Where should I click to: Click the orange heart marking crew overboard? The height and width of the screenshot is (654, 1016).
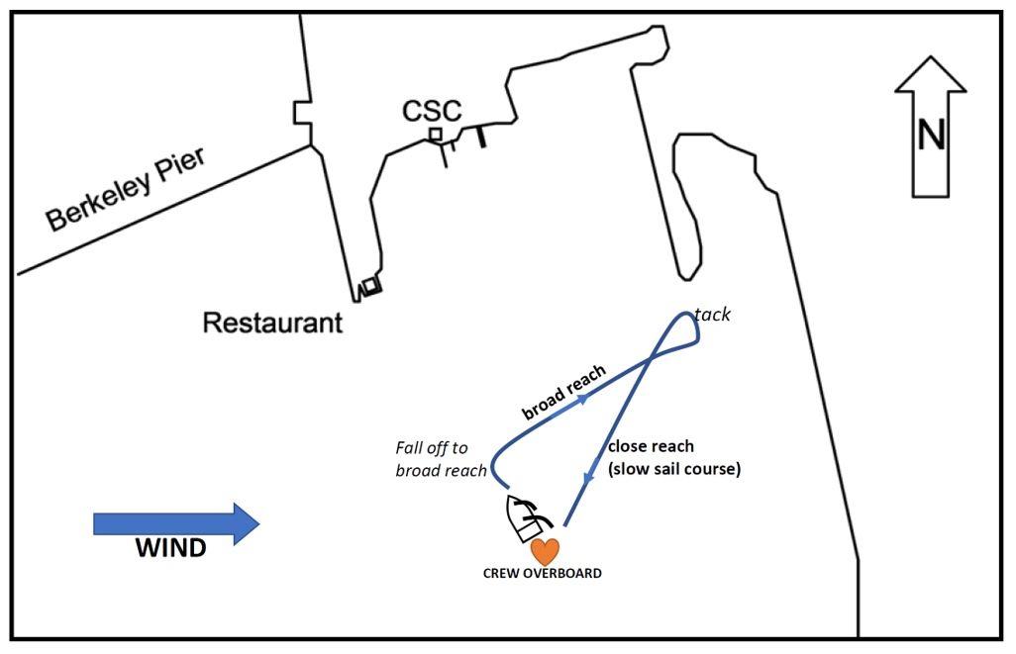click(545, 551)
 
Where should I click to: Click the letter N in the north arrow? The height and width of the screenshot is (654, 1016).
click(931, 135)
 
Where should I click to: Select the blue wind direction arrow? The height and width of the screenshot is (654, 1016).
click(176, 523)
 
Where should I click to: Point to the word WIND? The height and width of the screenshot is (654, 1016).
click(170, 548)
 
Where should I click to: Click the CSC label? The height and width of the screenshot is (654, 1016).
click(431, 111)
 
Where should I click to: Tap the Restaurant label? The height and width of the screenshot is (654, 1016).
click(272, 323)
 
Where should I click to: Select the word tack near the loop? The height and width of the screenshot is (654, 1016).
click(712, 315)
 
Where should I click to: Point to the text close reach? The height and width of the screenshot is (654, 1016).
click(651, 446)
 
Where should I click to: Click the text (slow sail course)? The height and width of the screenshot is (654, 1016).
click(674, 469)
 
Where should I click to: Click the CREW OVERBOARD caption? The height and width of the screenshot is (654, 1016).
click(542, 573)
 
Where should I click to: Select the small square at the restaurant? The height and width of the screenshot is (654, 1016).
click(370, 286)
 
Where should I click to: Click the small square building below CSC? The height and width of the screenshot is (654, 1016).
click(435, 134)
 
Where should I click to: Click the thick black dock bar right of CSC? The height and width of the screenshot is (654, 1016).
click(481, 137)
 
